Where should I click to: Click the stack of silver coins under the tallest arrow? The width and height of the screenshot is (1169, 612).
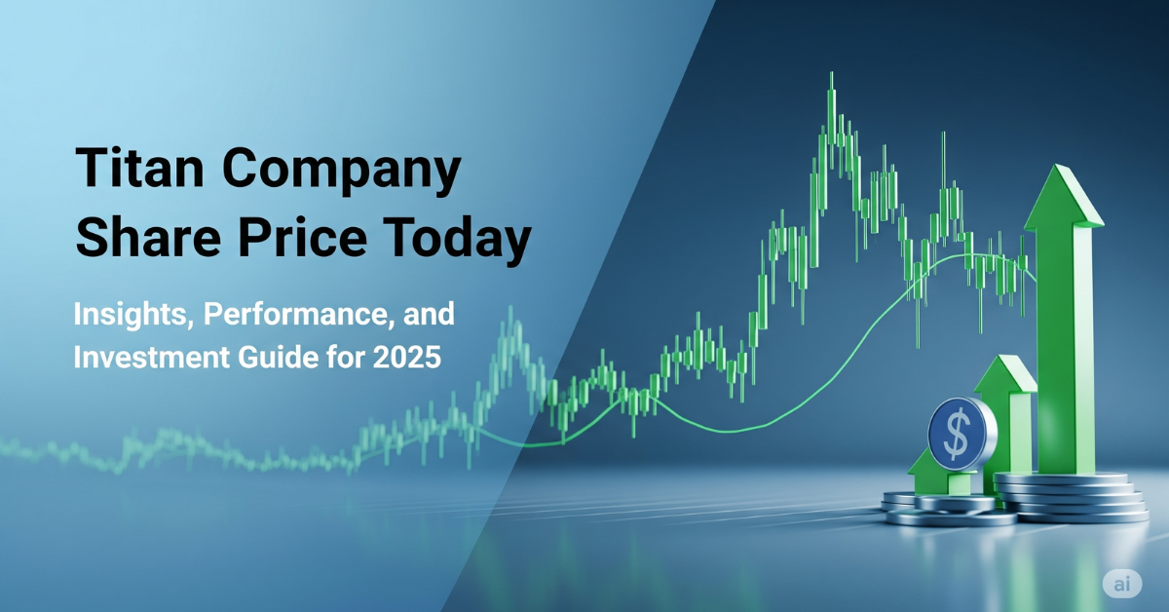1072,497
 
